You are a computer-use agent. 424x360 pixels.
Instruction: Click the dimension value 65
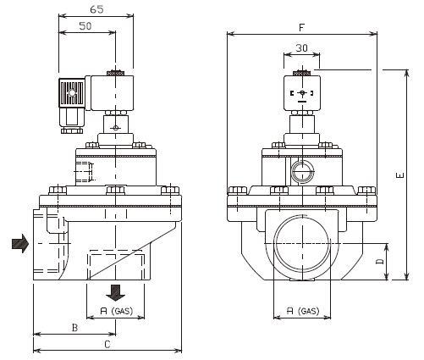click(96, 9)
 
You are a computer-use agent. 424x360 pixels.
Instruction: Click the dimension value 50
click(85, 26)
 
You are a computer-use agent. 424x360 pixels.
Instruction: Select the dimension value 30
click(301, 48)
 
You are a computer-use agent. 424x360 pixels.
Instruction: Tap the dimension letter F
click(302, 28)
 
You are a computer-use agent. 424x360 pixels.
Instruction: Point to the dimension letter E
click(400, 175)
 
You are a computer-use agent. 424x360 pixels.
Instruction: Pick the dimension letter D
click(380, 262)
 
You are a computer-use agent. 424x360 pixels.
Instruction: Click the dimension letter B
click(74, 328)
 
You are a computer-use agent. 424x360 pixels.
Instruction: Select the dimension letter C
click(107, 345)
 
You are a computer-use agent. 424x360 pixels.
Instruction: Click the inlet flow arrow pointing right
click(20, 243)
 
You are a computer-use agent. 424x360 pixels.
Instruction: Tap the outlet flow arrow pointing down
click(116, 293)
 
